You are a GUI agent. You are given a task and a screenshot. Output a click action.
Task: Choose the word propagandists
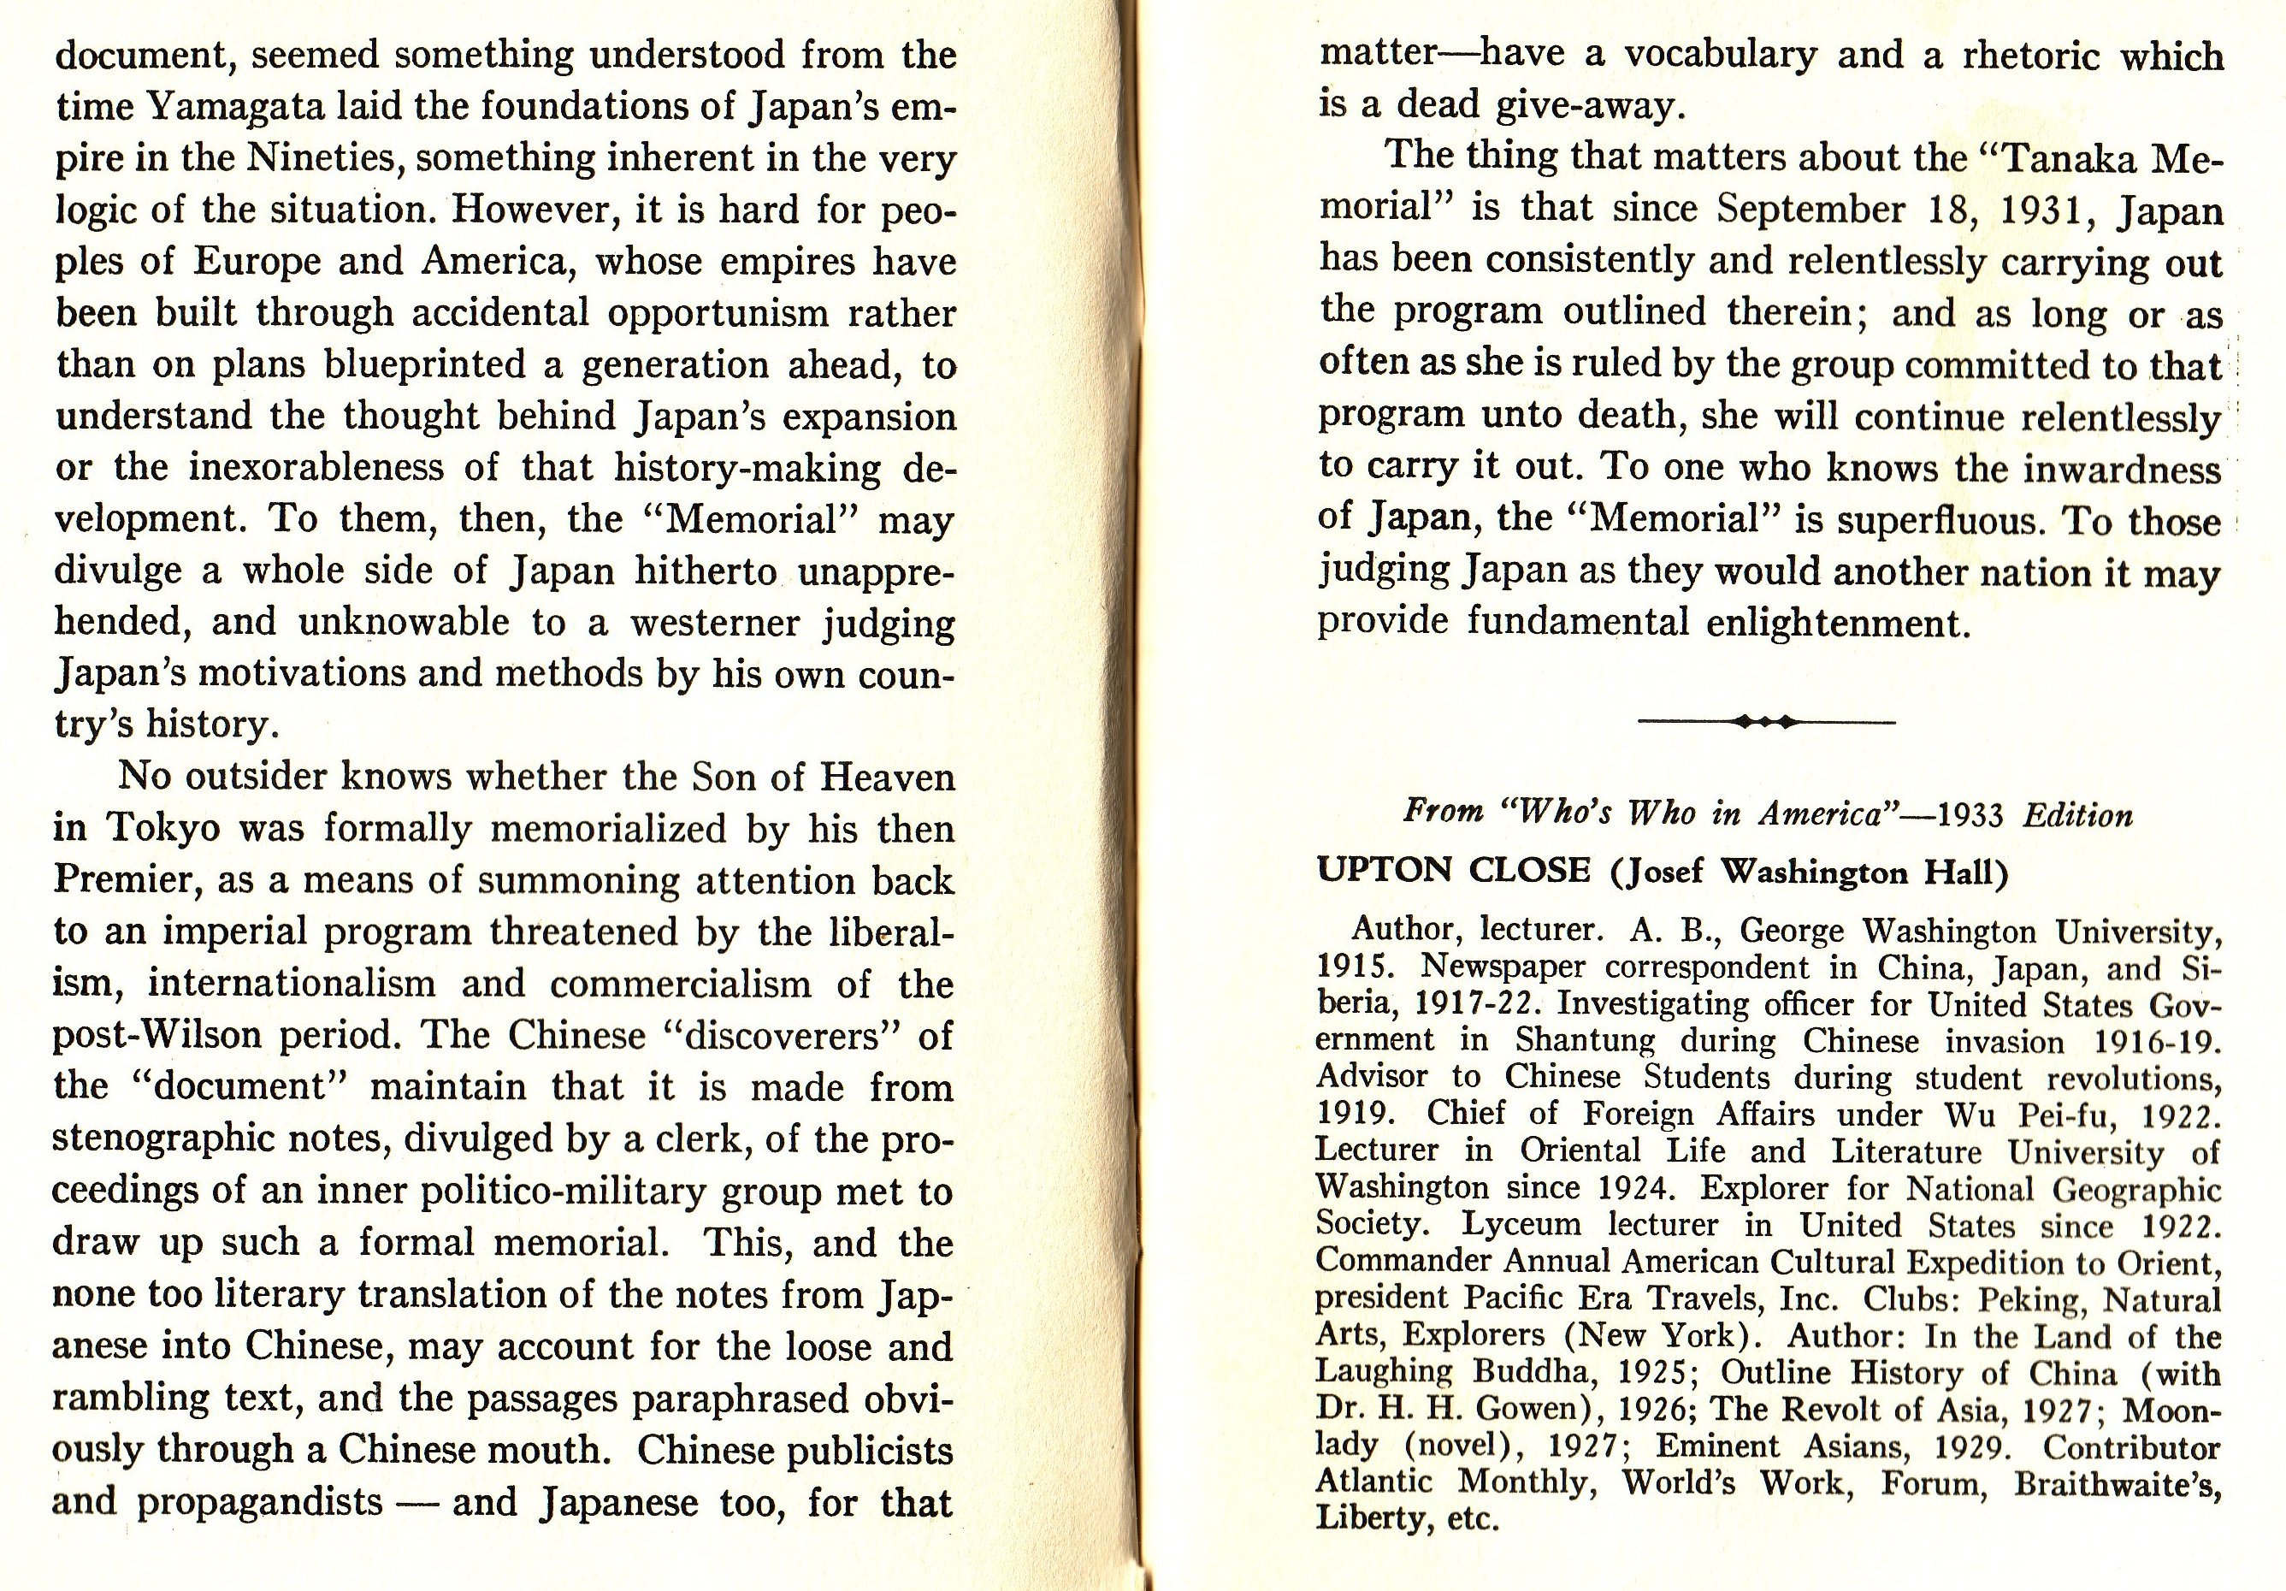pos(259,1501)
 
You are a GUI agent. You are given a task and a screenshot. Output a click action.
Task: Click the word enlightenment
pos(1838,624)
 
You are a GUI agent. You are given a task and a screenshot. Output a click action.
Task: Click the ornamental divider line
pos(1765,722)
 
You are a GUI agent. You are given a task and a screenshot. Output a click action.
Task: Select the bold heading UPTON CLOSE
pos(1453,871)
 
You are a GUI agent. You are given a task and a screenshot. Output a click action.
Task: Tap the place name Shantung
pos(1585,1040)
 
